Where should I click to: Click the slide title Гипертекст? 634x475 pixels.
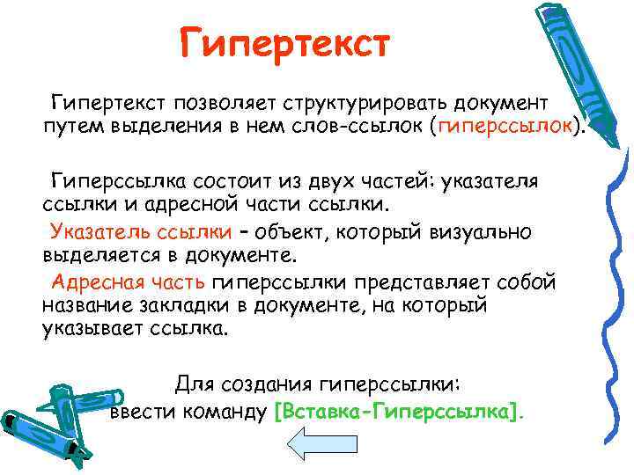284,41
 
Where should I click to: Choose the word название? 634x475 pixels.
83,306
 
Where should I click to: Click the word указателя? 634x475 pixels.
488,181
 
